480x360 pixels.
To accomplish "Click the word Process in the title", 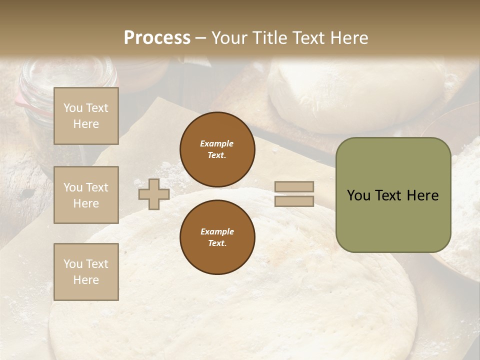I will click(x=157, y=37).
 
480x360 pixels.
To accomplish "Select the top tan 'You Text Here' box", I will click(x=86, y=116).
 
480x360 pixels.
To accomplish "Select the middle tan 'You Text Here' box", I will click(x=86, y=195).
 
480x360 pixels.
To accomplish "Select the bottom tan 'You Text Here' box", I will click(x=86, y=272).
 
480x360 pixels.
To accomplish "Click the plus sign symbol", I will click(x=154, y=194).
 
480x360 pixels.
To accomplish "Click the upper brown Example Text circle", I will click(x=217, y=149).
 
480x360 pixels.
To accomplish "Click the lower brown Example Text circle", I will click(x=217, y=237).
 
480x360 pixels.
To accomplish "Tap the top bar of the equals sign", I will click(x=294, y=187).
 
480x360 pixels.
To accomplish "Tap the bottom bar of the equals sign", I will click(x=294, y=201).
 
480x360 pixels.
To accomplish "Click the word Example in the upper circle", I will click(x=217, y=143).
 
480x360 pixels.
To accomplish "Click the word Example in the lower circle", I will click(x=217, y=231).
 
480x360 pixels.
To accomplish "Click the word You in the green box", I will click(x=358, y=195).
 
